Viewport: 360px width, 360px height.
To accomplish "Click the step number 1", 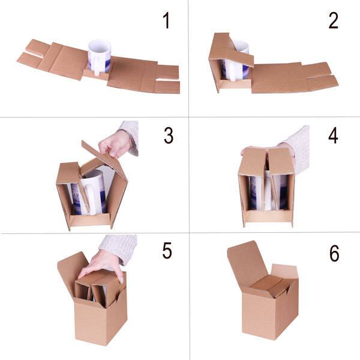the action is point(166,20).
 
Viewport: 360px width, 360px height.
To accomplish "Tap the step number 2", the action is point(334,20).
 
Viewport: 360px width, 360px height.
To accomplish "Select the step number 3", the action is point(169,136).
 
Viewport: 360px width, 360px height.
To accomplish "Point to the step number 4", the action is point(333,136).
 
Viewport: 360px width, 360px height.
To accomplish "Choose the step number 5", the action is point(167,250).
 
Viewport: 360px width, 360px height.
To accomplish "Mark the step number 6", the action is point(334,253).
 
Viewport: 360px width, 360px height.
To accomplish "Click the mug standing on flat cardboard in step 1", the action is point(100,57).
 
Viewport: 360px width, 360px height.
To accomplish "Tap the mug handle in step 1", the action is point(97,65).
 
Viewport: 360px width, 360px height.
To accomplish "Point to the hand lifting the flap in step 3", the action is point(115,145).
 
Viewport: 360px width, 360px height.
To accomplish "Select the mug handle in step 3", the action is point(91,199).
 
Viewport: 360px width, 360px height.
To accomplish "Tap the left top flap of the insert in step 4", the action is point(252,161).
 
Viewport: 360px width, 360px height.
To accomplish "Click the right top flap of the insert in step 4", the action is point(281,161).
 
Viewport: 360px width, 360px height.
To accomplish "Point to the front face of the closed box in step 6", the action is point(258,315).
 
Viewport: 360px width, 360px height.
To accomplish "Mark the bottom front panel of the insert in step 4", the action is point(268,216).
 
